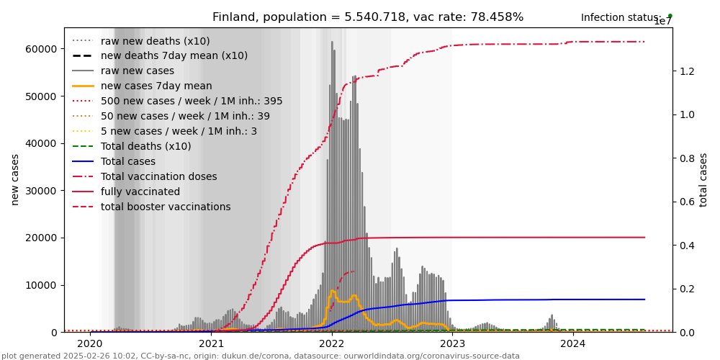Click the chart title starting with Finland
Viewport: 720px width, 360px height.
tap(368, 17)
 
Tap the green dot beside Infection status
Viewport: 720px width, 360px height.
tap(670, 16)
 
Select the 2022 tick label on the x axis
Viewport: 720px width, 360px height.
tap(332, 344)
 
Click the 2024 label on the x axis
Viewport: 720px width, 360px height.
tap(573, 344)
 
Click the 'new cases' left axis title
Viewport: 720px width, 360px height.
tap(15, 179)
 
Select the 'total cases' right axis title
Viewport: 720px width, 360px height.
tap(703, 179)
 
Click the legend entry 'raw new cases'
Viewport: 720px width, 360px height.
tap(138, 71)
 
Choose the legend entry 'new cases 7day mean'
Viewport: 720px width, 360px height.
tap(156, 86)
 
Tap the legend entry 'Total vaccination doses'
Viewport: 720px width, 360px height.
tap(158, 176)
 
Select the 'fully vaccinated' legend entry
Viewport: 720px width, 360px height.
tap(140, 192)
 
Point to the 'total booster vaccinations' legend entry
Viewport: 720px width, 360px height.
tap(166, 207)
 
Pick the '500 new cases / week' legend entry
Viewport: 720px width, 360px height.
tap(192, 101)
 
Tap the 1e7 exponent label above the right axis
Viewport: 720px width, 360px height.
tap(662, 22)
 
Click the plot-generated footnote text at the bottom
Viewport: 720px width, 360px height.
tap(261, 356)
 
